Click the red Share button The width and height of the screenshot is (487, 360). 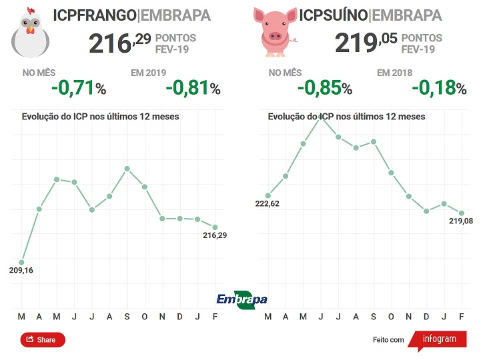coord(43,340)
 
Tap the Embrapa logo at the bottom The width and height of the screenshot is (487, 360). coord(241,299)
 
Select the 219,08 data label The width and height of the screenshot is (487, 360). coord(460,221)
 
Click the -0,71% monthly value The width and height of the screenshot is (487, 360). coord(81,88)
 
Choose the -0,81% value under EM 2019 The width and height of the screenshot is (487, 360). coord(192,88)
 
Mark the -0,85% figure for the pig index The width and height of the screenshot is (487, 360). coord(324,88)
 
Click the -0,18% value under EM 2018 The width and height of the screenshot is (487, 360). coord(438,88)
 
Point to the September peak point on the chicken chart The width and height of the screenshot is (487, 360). coord(127,169)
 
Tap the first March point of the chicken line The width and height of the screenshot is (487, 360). coord(21,262)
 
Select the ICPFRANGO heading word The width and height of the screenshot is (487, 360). coord(93,15)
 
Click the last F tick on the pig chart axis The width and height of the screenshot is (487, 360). coord(462,315)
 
